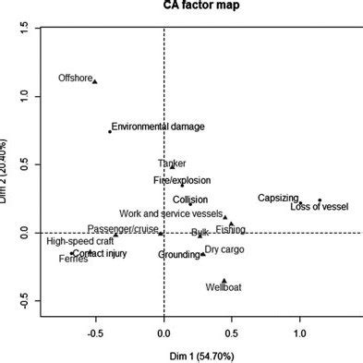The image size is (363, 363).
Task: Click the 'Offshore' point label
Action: (x=75, y=79)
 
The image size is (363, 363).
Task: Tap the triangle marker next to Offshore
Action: (x=95, y=81)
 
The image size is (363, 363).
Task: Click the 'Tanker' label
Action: (x=172, y=163)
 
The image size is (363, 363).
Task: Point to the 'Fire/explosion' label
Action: (x=182, y=180)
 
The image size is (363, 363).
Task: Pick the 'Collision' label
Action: (x=190, y=200)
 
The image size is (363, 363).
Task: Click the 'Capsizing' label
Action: (x=278, y=198)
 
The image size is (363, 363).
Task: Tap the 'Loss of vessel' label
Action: (x=319, y=207)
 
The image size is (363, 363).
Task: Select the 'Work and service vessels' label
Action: (x=171, y=213)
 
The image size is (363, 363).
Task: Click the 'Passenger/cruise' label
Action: (x=124, y=229)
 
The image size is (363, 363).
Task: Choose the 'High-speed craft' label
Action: (x=80, y=241)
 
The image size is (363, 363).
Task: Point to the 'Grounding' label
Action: (x=178, y=254)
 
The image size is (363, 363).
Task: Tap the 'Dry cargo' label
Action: (x=224, y=249)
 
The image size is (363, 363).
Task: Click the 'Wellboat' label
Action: (x=224, y=287)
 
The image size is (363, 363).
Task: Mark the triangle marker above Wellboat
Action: (x=224, y=280)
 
